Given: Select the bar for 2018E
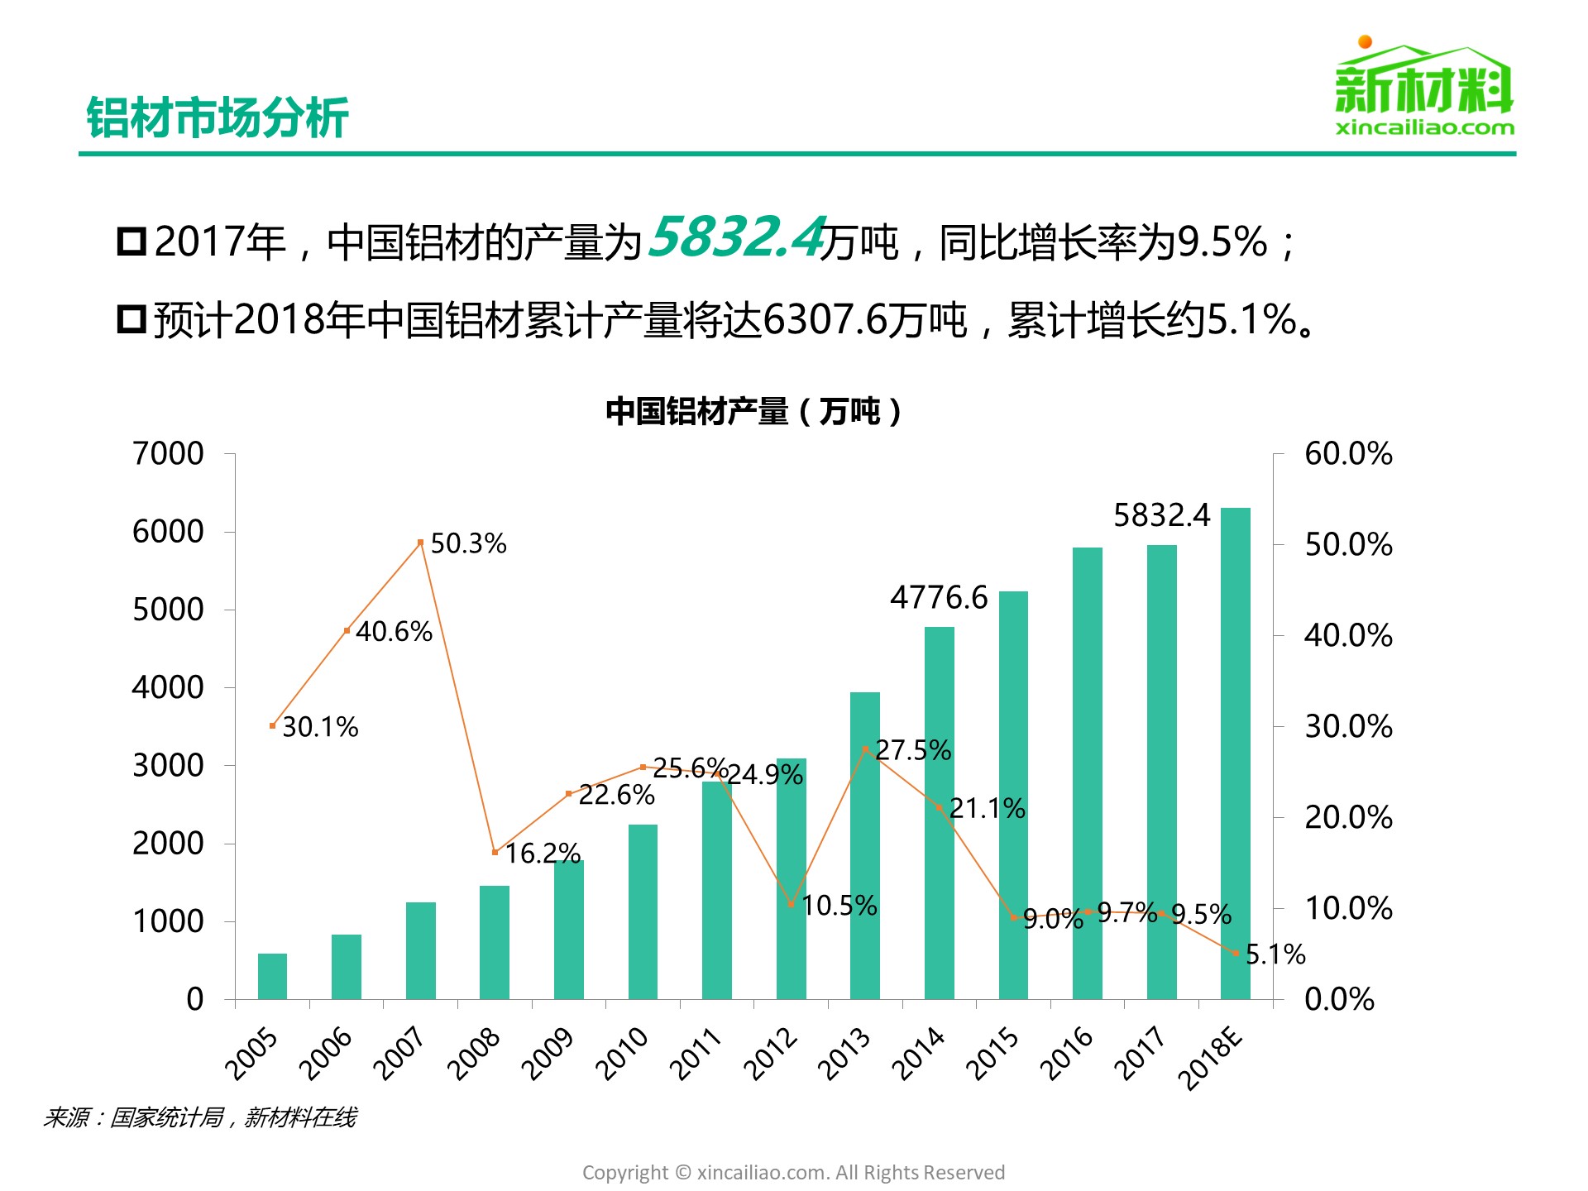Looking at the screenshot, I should point(1236,753).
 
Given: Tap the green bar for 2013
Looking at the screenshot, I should point(865,844).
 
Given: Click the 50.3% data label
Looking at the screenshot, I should point(468,544).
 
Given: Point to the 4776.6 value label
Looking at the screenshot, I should point(939,597).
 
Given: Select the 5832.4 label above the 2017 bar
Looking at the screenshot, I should point(1161,515).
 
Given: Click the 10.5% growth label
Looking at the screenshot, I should point(839,906).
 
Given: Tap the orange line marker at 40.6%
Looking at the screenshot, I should point(347,630).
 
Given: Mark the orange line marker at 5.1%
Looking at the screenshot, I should point(1236,953).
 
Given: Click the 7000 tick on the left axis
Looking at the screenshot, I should point(168,453).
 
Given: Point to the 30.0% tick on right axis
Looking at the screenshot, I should point(1348,726).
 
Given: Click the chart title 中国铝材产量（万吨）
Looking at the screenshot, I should point(753,411).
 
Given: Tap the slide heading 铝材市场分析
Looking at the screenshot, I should point(218,117).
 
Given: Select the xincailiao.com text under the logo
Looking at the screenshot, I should point(1424,127).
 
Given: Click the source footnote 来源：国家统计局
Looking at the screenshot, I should point(199,1117).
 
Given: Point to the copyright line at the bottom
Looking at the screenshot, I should point(793,1172).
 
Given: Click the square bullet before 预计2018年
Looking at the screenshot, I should point(132,319).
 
